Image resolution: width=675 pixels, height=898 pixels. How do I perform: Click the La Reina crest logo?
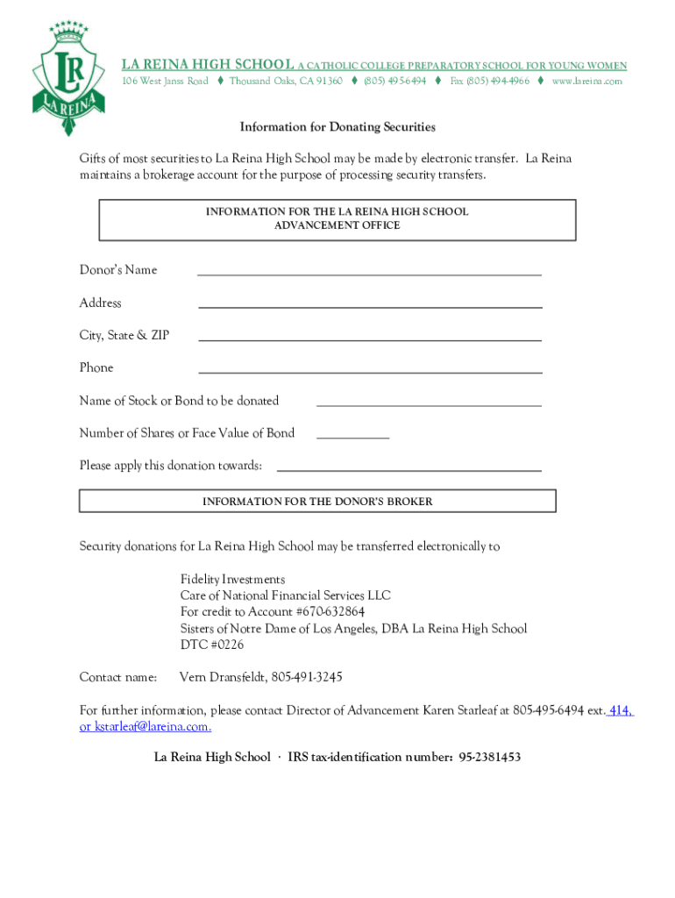click(x=69, y=77)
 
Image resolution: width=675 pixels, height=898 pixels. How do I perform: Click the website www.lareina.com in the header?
click(x=586, y=81)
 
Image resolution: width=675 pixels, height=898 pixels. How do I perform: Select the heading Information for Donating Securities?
click(x=337, y=127)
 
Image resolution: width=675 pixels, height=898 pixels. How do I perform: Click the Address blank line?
click(x=370, y=306)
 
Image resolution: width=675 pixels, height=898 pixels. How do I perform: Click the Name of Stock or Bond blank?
click(x=429, y=404)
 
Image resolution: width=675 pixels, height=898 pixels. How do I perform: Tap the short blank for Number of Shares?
click(x=352, y=436)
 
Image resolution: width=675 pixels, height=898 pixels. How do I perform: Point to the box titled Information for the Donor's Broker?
click(x=317, y=502)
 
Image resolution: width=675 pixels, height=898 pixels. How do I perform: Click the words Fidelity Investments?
click(x=232, y=580)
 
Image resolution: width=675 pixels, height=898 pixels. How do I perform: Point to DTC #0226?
click(x=212, y=645)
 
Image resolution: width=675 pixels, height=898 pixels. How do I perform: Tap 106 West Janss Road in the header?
click(x=165, y=81)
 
